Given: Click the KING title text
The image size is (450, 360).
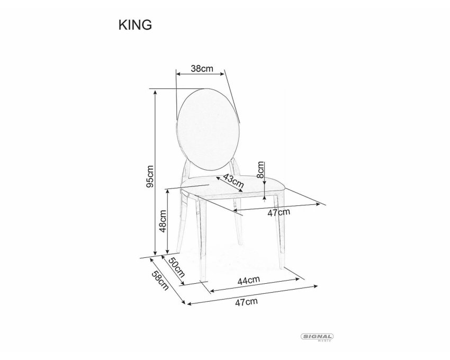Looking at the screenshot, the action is (x=135, y=25).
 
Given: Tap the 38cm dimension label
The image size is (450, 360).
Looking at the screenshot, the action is (x=202, y=69).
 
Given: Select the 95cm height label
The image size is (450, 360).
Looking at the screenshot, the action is (x=150, y=176).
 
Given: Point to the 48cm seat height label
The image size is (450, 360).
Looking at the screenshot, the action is (x=163, y=221).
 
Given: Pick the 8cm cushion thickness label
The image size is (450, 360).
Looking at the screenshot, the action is (x=260, y=170).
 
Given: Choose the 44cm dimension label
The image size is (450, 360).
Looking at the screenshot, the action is (x=248, y=280).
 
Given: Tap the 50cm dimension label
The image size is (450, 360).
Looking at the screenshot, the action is (x=176, y=267).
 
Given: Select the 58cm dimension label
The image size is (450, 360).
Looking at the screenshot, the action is (x=160, y=281).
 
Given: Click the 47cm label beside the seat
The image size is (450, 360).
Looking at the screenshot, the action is (x=278, y=213).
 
